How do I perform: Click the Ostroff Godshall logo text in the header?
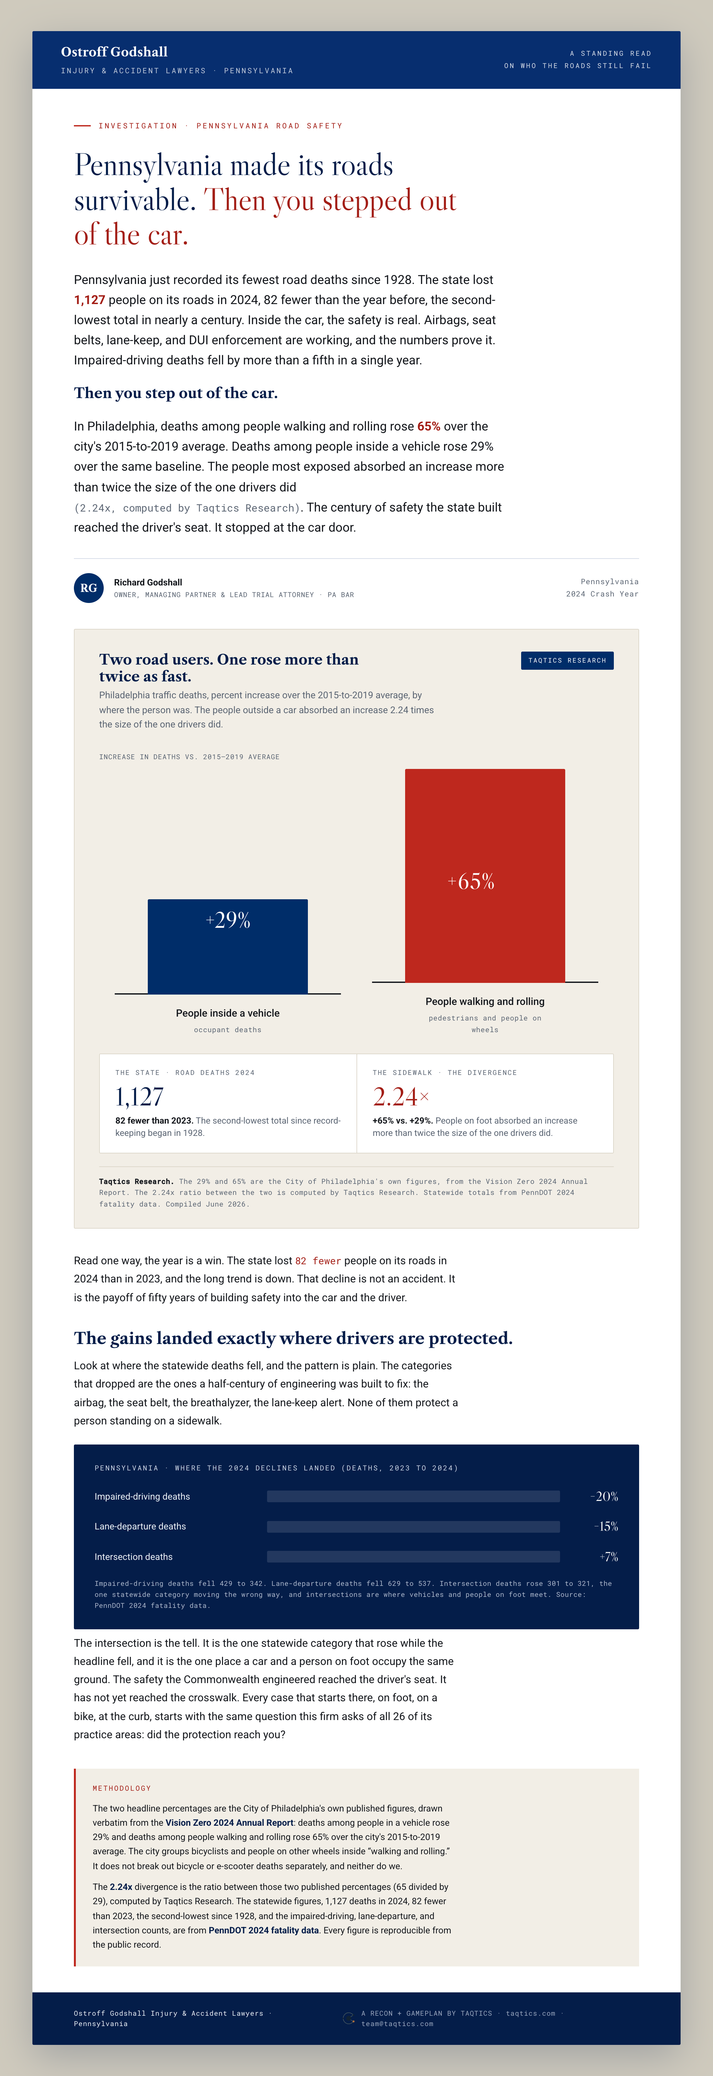coord(114,52)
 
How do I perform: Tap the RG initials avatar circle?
coord(88,587)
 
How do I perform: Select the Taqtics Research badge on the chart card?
coord(567,660)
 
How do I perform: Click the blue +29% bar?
coord(228,946)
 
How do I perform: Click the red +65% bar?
coord(485,875)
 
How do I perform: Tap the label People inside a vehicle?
coord(228,1013)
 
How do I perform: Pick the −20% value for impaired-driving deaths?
coord(604,1497)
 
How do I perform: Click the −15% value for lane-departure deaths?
coord(606,1527)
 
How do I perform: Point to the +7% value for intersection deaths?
coord(608,1557)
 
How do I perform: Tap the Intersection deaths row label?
coord(134,1557)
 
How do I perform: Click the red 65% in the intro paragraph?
coord(428,426)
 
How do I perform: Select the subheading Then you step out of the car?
coord(176,393)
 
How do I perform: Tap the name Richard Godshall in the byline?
coord(148,582)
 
